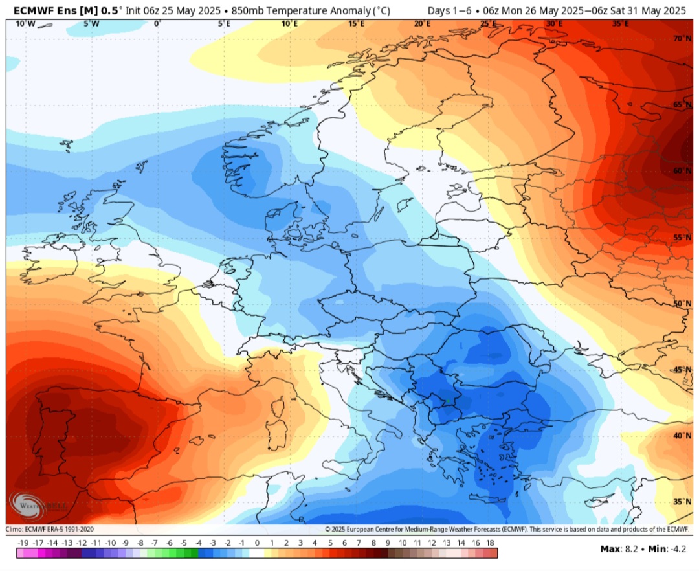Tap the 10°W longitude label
(x=25, y=24)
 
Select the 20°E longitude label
(x=423, y=24)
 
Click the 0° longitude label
(x=157, y=24)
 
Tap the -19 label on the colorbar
(x=23, y=543)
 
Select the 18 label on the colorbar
(x=490, y=543)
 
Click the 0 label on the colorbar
(x=257, y=543)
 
